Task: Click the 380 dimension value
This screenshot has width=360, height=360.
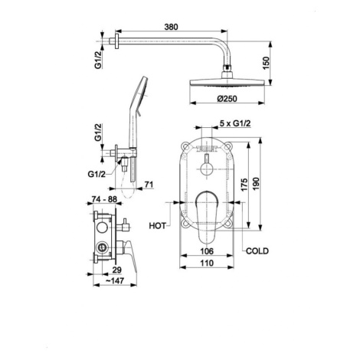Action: tap(171, 27)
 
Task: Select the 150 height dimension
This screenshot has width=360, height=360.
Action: tap(266, 63)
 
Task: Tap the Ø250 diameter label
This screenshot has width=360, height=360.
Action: tap(227, 99)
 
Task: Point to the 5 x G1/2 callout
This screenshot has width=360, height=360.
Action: tap(235, 123)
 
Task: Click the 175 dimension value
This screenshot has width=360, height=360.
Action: tap(244, 185)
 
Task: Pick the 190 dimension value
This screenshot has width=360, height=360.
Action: tap(256, 184)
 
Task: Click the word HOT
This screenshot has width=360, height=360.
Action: tap(157, 226)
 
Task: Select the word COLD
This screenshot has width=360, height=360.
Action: tap(257, 251)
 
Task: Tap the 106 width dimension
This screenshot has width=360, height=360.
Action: tap(207, 251)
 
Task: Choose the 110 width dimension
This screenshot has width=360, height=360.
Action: tap(207, 263)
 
